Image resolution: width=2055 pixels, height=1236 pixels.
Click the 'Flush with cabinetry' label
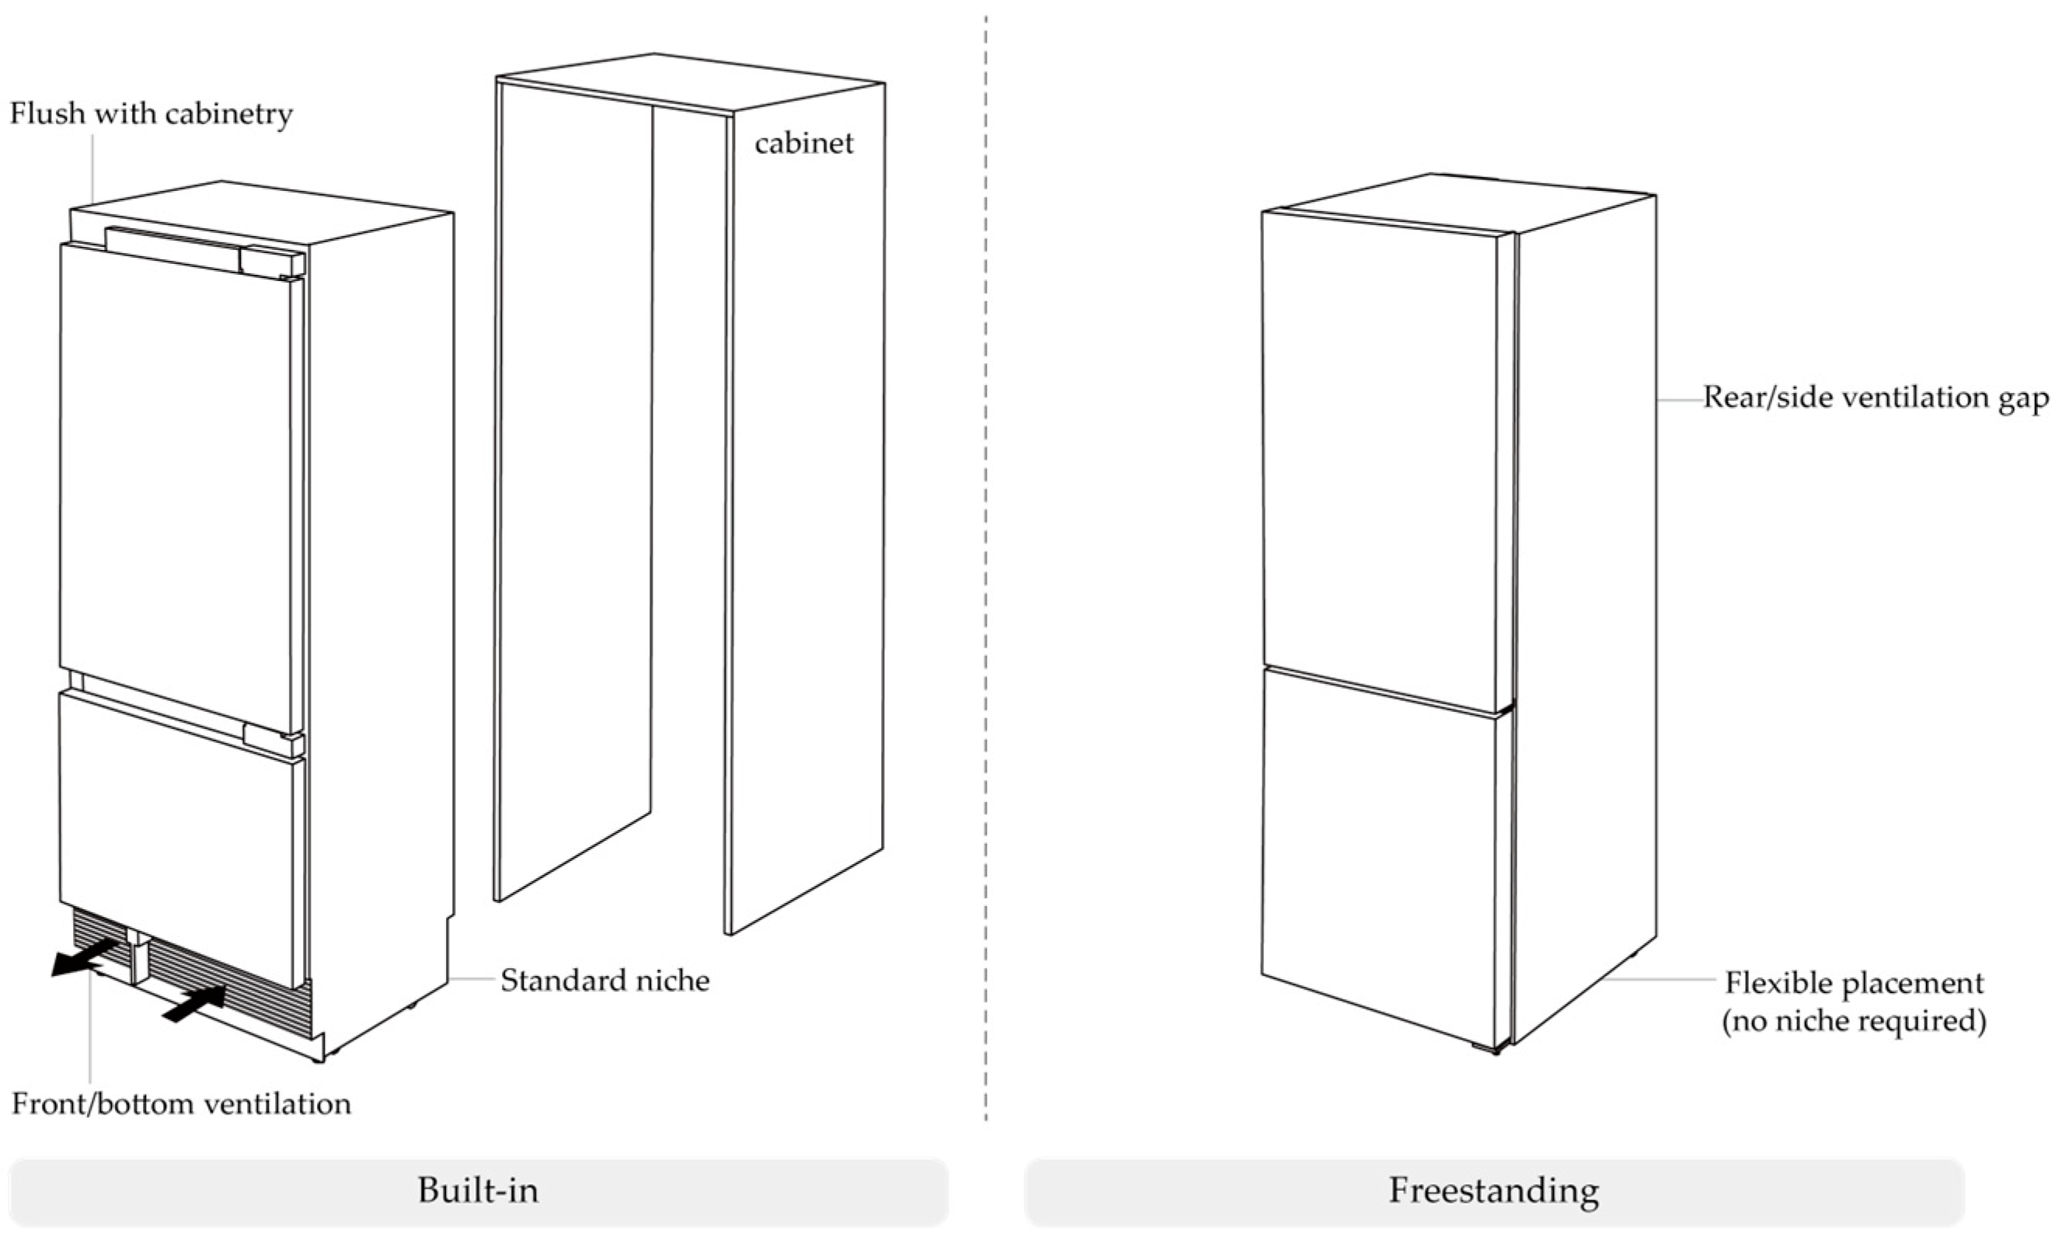151,113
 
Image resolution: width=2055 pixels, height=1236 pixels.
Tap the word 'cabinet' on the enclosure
803,144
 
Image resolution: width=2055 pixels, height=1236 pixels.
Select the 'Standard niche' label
604,981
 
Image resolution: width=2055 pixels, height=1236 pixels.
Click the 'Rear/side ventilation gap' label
1875,398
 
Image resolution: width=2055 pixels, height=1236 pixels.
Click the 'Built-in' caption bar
479,1190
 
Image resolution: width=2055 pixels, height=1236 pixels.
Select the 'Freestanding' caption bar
1493,1190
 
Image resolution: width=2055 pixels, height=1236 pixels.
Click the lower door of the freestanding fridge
1379,858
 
